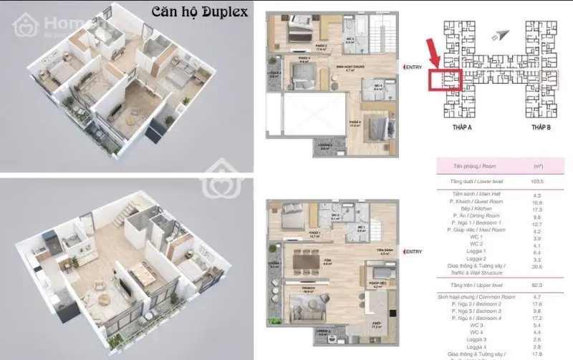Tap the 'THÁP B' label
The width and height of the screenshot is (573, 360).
tap(541, 126)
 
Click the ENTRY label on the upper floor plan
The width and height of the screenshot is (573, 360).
tap(413, 67)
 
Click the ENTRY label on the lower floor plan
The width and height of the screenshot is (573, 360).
tap(413, 252)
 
